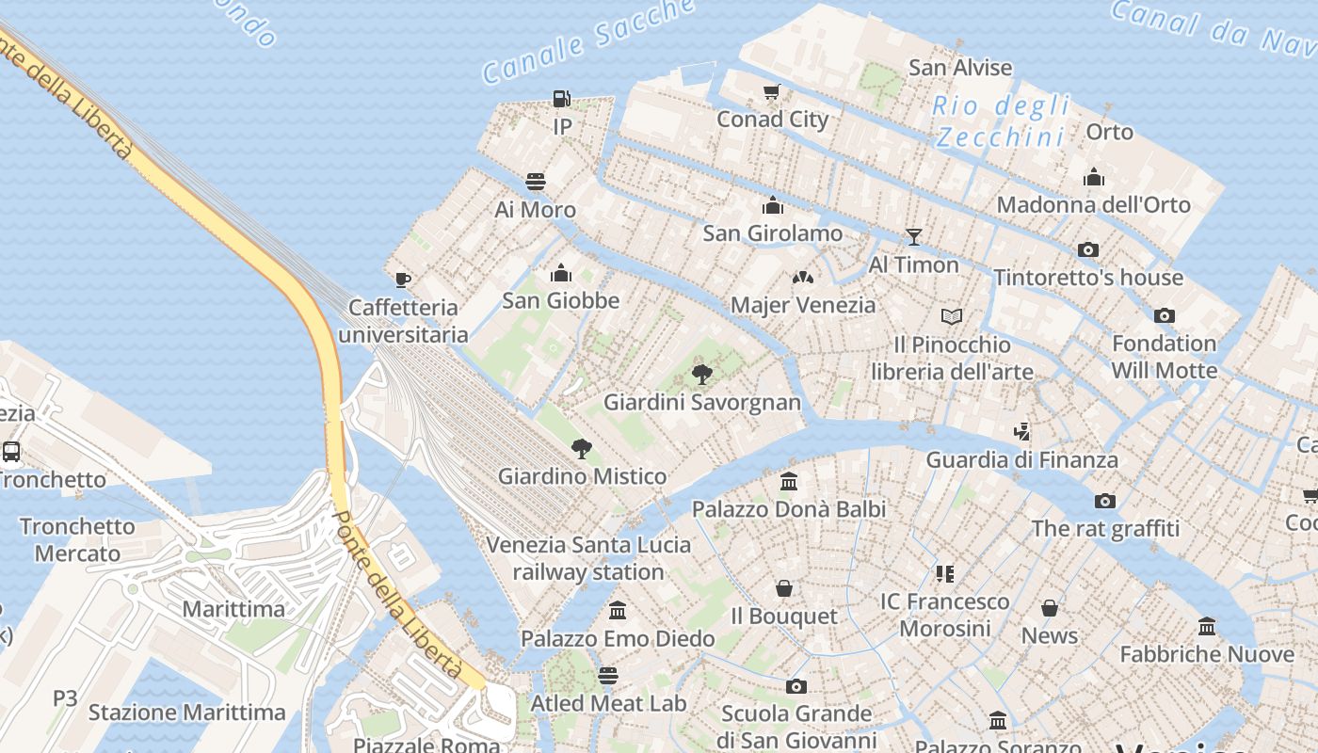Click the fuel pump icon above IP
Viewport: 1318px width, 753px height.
click(x=561, y=98)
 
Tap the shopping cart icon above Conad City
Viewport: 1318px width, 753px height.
click(x=772, y=91)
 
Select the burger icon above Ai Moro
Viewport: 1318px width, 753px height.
click(x=536, y=181)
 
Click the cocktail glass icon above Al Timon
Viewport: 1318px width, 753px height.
click(x=913, y=236)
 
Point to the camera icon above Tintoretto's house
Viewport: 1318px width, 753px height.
click(x=1088, y=249)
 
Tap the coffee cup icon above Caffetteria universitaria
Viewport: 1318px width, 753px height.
click(x=403, y=279)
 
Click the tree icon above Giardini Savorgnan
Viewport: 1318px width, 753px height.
click(x=701, y=374)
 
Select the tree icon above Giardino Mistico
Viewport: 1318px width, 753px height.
click(x=582, y=448)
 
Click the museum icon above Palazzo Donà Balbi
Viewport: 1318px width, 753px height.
click(x=789, y=481)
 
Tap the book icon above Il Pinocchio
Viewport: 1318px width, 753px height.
click(x=952, y=316)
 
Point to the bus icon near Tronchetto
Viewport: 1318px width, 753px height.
click(x=11, y=451)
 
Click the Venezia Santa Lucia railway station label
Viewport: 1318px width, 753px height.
click(x=588, y=558)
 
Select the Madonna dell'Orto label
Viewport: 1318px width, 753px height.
click(x=1093, y=204)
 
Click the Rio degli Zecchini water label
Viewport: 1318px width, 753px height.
click(x=1002, y=121)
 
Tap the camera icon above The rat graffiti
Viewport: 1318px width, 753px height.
click(x=1105, y=501)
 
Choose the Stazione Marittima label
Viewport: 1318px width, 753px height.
click(x=186, y=713)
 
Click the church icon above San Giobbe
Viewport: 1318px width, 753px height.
click(x=561, y=273)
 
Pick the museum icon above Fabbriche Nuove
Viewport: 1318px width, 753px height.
click(x=1207, y=626)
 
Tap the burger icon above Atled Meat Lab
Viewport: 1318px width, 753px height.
click(x=608, y=676)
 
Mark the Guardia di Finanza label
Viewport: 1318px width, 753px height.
click(x=1021, y=459)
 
